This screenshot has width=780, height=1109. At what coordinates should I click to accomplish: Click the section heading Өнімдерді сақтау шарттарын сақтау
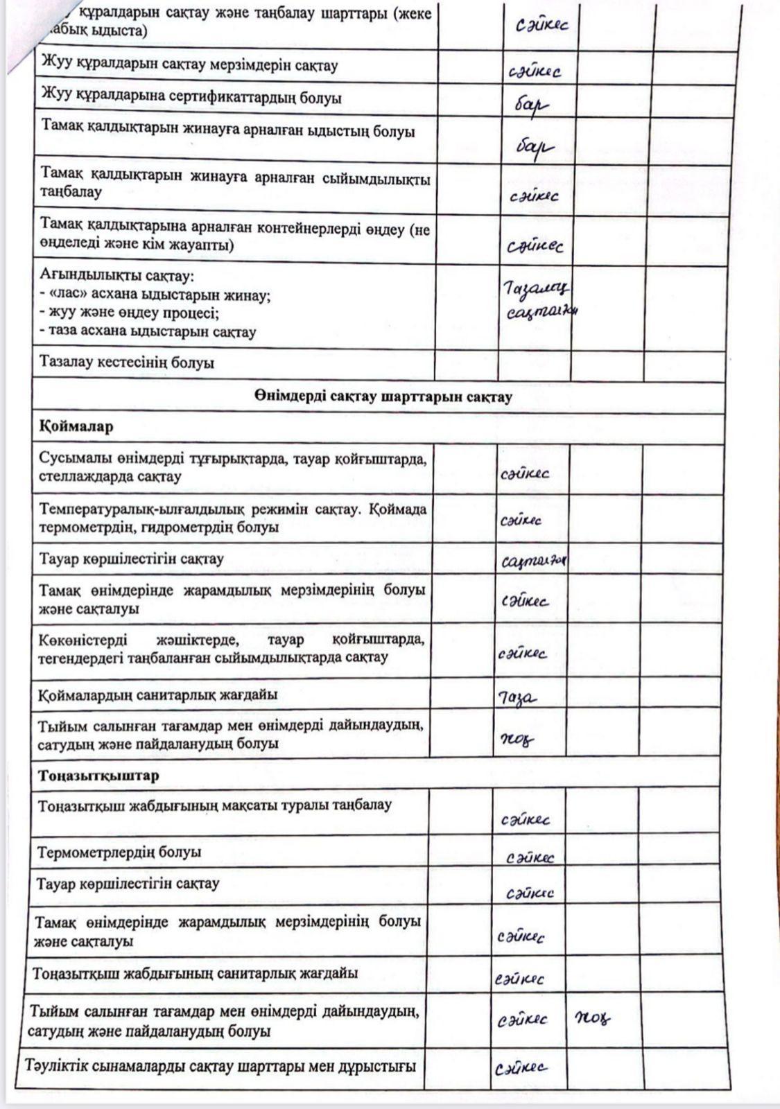click(x=383, y=397)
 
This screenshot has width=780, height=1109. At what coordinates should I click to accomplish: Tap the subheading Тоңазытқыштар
click(x=98, y=775)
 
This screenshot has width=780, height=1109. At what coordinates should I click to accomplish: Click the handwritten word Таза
click(x=518, y=697)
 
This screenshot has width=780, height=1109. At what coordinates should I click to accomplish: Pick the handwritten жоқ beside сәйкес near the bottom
click(x=593, y=1018)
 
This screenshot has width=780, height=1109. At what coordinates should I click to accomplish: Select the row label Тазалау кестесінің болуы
click(x=127, y=363)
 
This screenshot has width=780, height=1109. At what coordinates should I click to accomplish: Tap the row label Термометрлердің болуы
click(x=119, y=851)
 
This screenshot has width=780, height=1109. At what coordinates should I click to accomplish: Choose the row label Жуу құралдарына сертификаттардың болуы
click(x=191, y=98)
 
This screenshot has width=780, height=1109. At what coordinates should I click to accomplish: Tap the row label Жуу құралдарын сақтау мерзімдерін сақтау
click(x=189, y=66)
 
